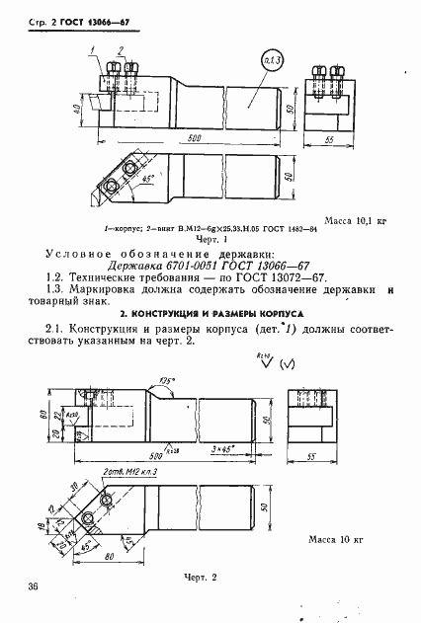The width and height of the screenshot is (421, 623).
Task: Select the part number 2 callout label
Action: (121, 47)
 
